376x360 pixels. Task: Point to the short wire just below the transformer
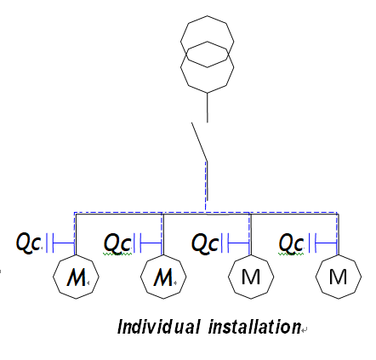(x=208, y=106)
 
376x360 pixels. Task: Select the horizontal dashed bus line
(x=119, y=212)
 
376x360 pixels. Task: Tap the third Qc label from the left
(x=204, y=243)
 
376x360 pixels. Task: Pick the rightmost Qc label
(x=292, y=243)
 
